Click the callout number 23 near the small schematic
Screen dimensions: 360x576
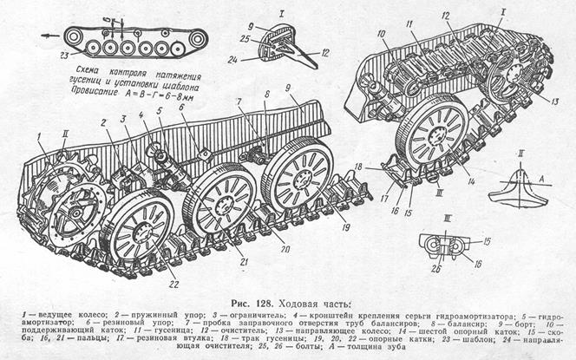click(64, 55)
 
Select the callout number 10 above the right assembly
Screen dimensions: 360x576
click(379, 34)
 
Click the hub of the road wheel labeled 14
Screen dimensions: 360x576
click(437, 135)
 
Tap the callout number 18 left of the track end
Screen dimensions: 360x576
click(357, 166)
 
